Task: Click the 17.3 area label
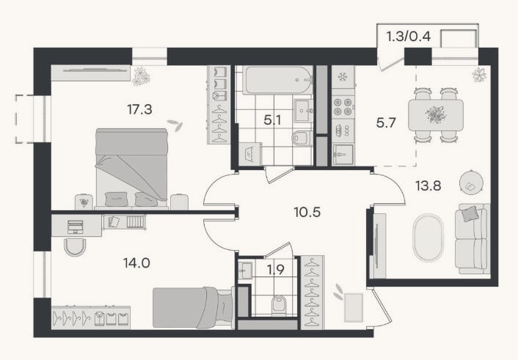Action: pos(139,109)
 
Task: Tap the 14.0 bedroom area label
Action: pos(136,263)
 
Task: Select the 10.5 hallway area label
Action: pos(307,212)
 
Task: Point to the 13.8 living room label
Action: pos(428,186)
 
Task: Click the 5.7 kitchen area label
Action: pos(386,123)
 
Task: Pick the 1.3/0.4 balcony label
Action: pos(409,36)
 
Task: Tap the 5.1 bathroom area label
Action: pos(272,120)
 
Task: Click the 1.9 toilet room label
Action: pos(276,270)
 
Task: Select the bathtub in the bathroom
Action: pos(279,80)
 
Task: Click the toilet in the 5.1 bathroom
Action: pos(302,138)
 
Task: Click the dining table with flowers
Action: pos(436,115)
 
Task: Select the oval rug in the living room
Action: pos(428,238)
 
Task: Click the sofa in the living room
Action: pos(473,239)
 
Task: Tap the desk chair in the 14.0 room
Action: pos(75,247)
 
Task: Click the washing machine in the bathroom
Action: pos(249,154)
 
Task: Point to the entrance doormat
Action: pos(354,307)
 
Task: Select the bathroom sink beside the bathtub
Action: pos(303,111)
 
